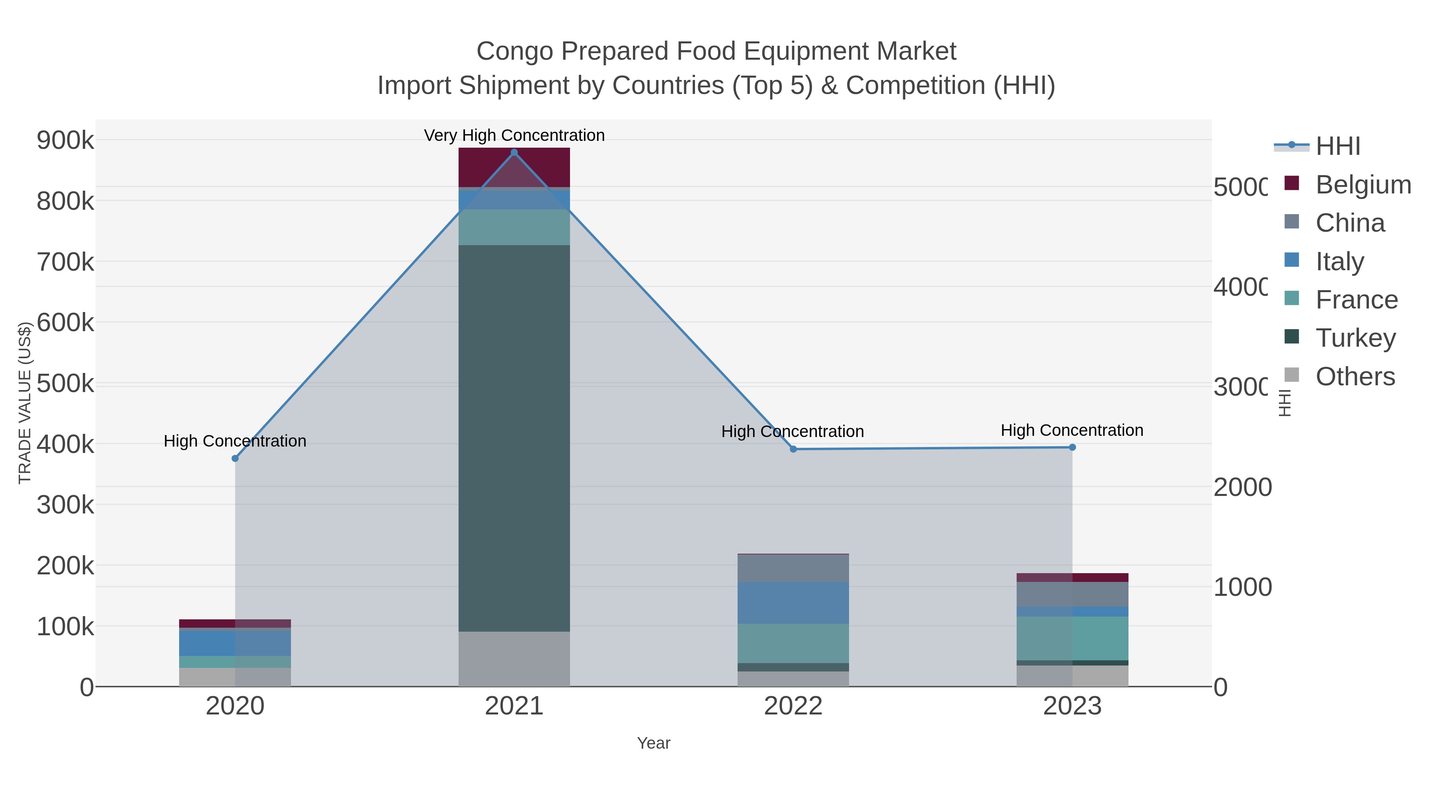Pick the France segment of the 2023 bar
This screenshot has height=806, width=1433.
(1072, 638)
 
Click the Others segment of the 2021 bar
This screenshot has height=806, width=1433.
(513, 659)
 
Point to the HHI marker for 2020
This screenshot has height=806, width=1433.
(235, 459)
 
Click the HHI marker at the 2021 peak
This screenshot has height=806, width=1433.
(513, 152)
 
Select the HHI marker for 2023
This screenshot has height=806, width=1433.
(1072, 447)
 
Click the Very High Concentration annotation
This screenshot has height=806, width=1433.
(513, 135)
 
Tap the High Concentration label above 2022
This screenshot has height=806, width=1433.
(792, 431)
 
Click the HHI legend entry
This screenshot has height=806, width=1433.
(1338, 146)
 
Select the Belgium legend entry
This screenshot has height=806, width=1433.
(1363, 184)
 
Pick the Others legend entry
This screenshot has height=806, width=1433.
(1355, 377)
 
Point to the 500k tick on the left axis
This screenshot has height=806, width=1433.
(66, 383)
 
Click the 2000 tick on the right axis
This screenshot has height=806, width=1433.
(1242, 487)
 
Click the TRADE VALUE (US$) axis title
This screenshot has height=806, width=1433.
(24, 403)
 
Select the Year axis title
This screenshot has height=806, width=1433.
(653, 743)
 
